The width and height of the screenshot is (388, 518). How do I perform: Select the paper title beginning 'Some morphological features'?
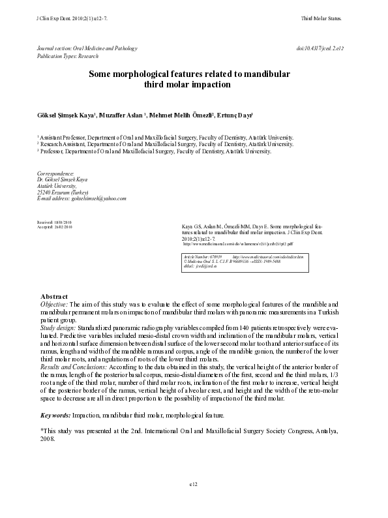point(190,79)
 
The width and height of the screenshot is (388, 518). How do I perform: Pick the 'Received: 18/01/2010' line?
point(55,222)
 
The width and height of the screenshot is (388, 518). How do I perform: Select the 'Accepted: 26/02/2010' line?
point(55,227)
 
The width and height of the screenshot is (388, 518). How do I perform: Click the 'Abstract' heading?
point(55,297)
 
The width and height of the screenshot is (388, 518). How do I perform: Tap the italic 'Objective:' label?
point(54,304)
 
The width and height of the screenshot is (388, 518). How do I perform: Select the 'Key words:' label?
point(57,416)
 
